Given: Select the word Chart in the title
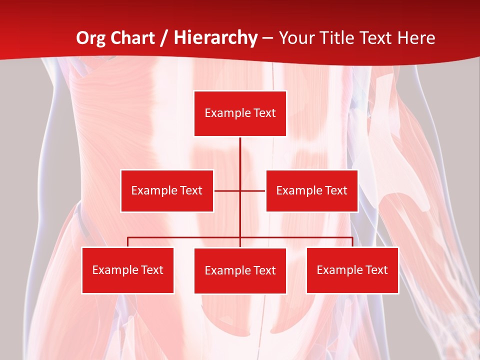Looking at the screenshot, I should [133, 38].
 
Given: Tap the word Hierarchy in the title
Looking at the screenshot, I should [215, 38].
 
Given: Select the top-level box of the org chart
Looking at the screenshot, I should [240, 113].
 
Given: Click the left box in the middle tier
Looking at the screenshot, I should [167, 190].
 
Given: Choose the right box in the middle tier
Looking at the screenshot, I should [311, 190].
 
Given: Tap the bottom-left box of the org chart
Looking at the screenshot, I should [127, 270].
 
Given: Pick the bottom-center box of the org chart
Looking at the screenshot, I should [240, 270].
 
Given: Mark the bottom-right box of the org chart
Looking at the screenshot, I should [352, 270].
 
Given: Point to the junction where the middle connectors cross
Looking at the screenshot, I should [240, 190].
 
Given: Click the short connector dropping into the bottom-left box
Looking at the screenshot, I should [127, 242].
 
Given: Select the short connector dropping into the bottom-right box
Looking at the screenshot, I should [352, 242].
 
